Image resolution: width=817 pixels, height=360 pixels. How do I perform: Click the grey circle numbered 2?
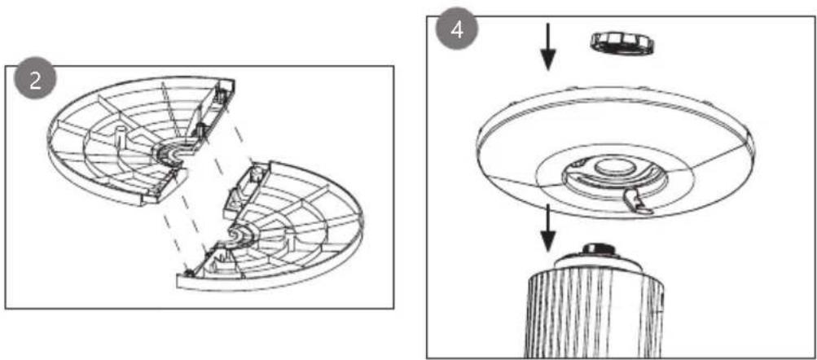point(35,81)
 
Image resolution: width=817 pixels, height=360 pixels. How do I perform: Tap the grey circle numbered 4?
point(457,30)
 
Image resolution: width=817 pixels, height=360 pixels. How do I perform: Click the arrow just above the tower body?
point(547,228)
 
